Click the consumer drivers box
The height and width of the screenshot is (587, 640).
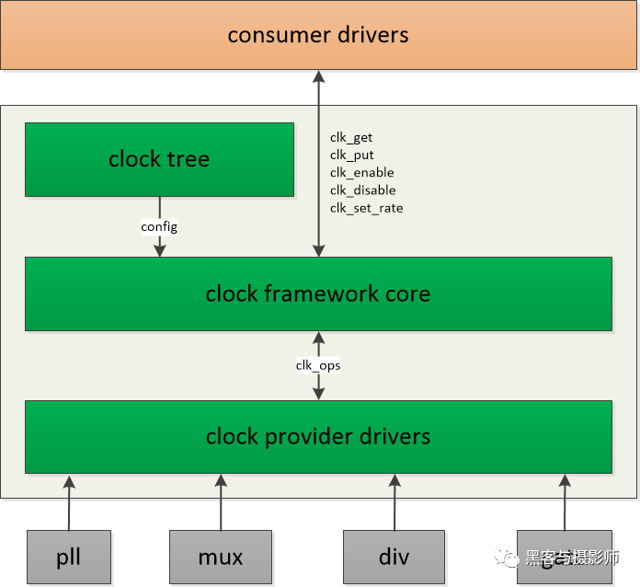pyautogui.click(x=318, y=35)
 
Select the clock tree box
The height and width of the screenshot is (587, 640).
pyautogui.click(x=159, y=159)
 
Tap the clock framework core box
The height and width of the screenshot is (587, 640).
pyautogui.click(x=318, y=293)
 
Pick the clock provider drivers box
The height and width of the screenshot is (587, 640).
pyautogui.click(x=318, y=436)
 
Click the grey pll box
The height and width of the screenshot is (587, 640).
pyautogui.click(x=69, y=558)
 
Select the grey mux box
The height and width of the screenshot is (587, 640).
pyautogui.click(x=221, y=558)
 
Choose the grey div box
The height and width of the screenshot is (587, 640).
pyautogui.click(x=394, y=558)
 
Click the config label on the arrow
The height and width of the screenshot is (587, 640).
pyautogui.click(x=159, y=226)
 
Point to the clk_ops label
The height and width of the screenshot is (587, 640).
pyautogui.click(x=318, y=365)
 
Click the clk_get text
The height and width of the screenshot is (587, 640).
pyautogui.click(x=351, y=138)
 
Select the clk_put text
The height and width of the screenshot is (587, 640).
pyautogui.click(x=351, y=155)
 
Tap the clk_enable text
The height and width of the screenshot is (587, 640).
pyautogui.click(x=361, y=173)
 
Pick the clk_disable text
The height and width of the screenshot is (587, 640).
pyautogui.click(x=362, y=190)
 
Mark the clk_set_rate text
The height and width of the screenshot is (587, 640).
pyautogui.click(x=366, y=208)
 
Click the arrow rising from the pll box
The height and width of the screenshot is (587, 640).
pyautogui.click(x=69, y=501)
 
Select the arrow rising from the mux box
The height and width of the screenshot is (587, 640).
pyautogui.click(x=221, y=501)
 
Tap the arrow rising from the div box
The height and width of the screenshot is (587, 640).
pyautogui.click(x=394, y=501)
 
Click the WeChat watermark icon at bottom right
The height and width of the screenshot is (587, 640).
pyautogui.click(x=508, y=558)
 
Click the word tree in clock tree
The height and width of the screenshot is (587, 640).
pyautogui.click(x=188, y=159)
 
